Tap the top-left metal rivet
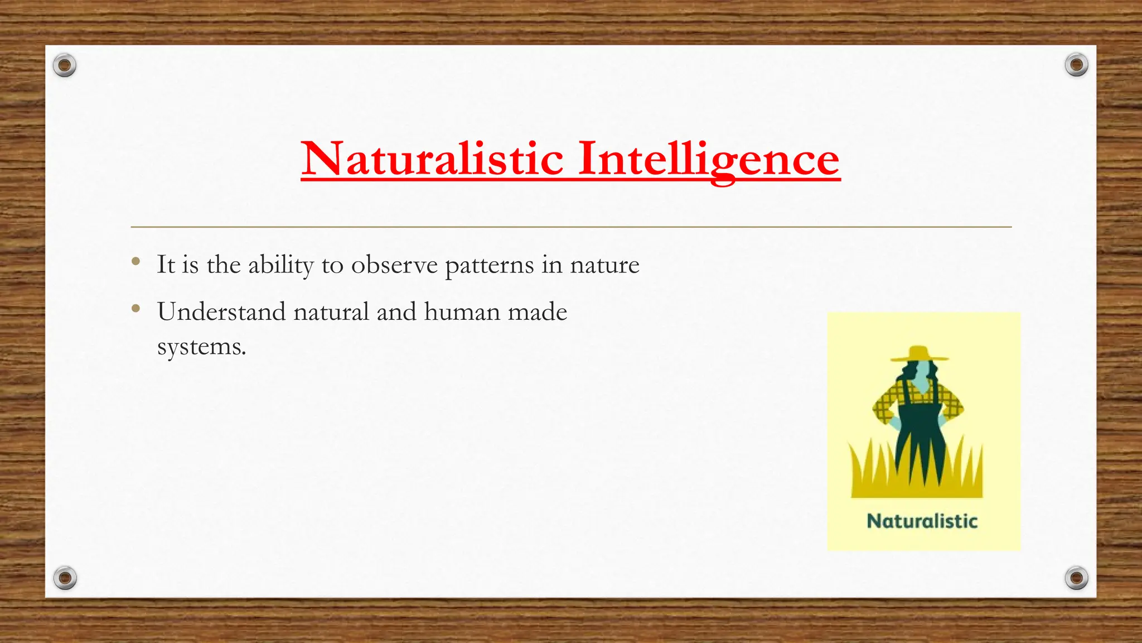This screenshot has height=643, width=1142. point(65,66)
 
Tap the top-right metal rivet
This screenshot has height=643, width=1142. point(1076,65)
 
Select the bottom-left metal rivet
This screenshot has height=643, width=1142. point(65,578)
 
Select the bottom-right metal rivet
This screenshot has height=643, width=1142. point(1076,578)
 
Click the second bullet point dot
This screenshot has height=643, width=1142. point(136,308)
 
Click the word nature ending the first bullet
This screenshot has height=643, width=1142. point(604,265)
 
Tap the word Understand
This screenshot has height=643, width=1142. point(221,311)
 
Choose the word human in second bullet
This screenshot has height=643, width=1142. point(462,311)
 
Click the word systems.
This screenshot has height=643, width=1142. point(201,348)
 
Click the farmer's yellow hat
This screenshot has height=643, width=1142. point(919,354)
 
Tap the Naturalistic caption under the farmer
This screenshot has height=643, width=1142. point(922,521)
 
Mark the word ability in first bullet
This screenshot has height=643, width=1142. point(280,265)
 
